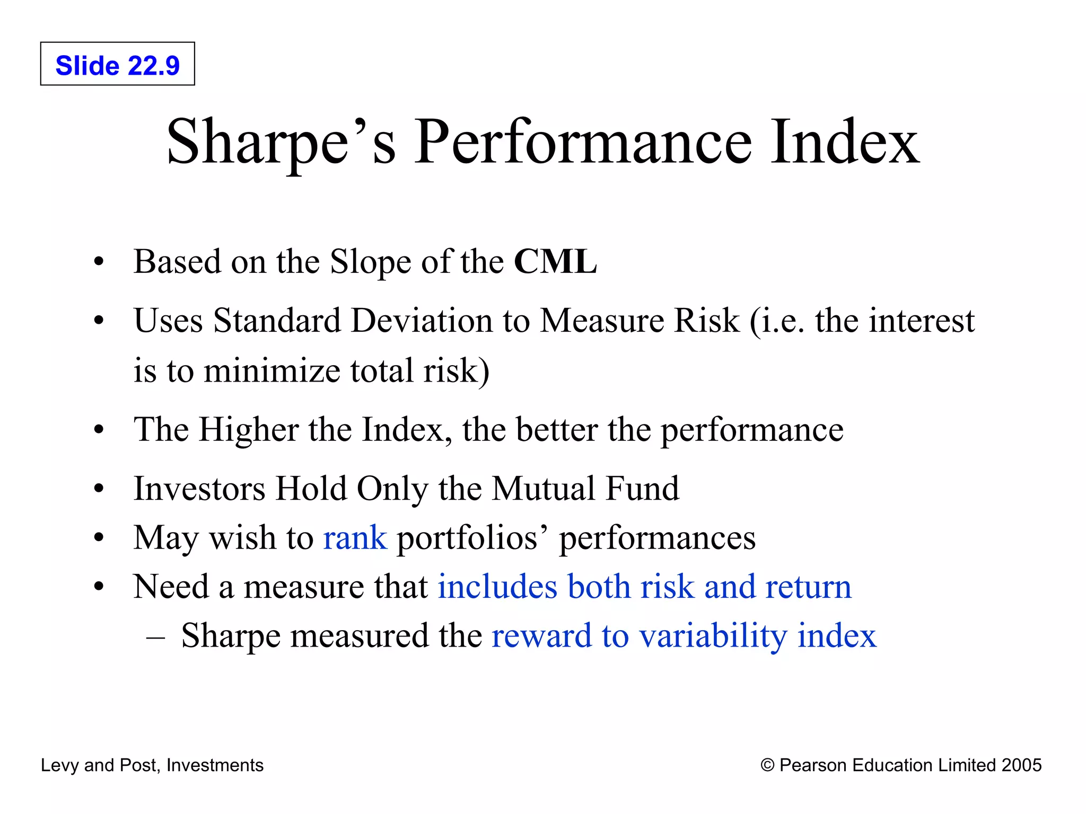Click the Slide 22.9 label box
coord(117,64)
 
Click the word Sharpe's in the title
coord(281,142)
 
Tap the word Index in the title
coord(844,142)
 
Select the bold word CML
coord(555,262)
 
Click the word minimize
coord(271,370)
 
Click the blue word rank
coord(355,538)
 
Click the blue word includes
coord(497,587)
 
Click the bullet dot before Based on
coord(99,262)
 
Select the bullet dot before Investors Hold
coord(99,489)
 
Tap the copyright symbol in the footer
coord(767,765)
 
